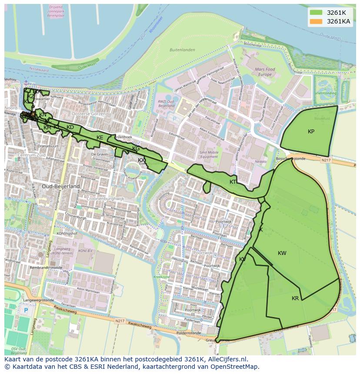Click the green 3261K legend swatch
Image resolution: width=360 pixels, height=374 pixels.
(316, 13)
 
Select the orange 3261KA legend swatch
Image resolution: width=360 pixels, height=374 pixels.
(316, 21)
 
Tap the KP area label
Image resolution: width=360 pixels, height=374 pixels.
(311, 132)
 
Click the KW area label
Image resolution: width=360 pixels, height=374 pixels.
(282, 253)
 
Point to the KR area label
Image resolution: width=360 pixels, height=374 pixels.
(295, 298)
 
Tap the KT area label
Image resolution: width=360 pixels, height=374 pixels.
(233, 182)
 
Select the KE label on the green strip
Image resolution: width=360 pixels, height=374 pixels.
(100, 138)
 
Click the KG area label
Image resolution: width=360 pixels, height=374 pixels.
(136, 149)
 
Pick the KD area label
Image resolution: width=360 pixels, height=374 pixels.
(70, 127)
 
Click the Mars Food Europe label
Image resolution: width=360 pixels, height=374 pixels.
(265, 72)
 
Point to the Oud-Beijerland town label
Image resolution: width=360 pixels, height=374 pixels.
(61, 186)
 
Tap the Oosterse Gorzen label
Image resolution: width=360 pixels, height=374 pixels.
(89, 113)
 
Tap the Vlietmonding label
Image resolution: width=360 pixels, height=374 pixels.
(326, 93)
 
